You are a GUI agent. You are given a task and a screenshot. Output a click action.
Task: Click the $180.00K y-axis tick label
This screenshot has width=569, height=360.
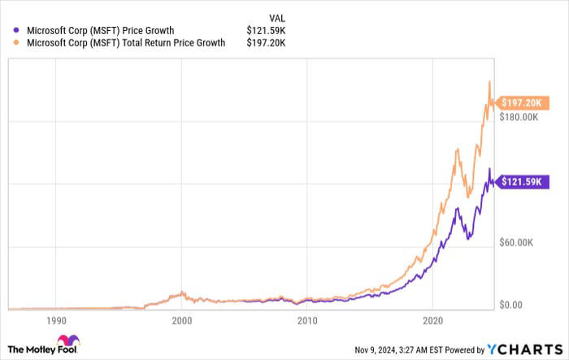point(519,117)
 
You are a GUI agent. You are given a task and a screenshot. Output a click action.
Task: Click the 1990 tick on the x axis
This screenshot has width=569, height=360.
point(56,320)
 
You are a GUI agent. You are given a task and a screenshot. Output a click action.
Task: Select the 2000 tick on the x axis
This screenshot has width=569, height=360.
point(181,320)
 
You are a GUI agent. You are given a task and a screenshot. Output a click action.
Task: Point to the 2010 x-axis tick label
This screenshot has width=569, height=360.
point(307,320)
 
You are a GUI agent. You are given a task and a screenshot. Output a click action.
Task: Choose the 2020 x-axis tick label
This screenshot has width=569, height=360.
point(432,320)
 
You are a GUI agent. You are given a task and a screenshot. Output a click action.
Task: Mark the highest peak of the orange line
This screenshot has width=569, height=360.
point(489,81)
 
